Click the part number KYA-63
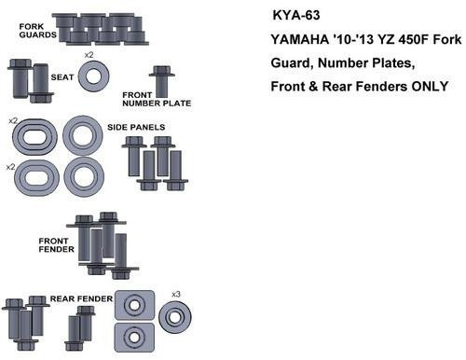296,15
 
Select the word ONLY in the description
430,86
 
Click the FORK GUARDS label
37,31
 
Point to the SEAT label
62,77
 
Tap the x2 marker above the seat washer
89,55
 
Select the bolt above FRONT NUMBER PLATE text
162,81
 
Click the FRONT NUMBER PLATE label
157,99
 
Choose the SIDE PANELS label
136,127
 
